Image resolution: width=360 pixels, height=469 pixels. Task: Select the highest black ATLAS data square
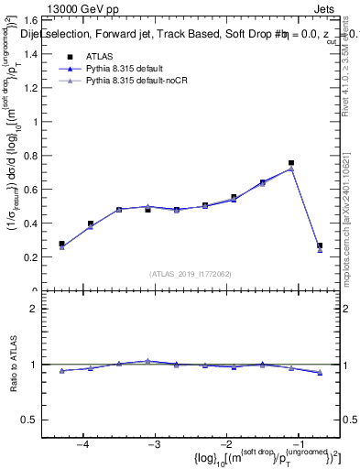click(x=291, y=163)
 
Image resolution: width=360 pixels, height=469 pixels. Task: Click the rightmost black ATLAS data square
click(x=320, y=245)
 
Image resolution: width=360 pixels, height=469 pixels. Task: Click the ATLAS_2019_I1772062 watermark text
click(x=191, y=273)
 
